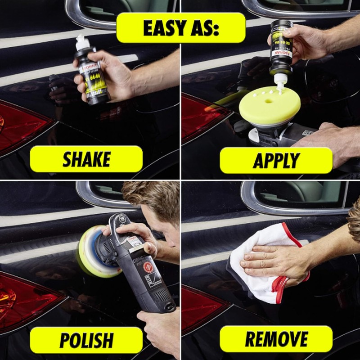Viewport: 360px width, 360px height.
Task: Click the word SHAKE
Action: point(86,159)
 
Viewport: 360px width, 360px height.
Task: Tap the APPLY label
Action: point(276,160)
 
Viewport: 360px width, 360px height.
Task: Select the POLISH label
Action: point(86,340)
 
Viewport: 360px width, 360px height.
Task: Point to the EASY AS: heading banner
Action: point(180,27)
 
